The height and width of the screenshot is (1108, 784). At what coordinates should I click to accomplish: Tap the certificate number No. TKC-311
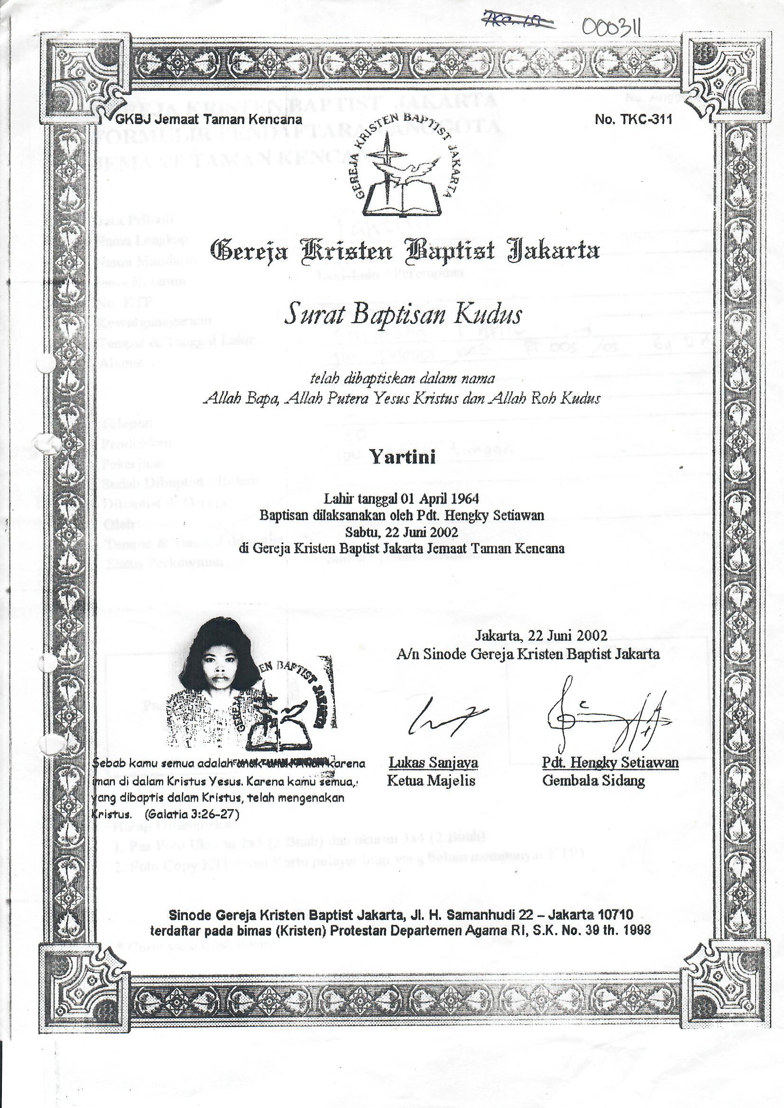coord(633,120)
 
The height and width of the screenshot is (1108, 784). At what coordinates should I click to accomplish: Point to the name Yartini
coord(403,456)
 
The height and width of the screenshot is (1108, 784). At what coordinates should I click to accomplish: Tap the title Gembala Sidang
coord(593,780)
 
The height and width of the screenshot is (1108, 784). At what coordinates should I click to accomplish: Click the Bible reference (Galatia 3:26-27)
coord(192,814)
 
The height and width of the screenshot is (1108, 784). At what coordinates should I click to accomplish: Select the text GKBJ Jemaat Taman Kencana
coord(209,120)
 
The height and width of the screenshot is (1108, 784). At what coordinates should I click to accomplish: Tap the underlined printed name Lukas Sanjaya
coord(434,763)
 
